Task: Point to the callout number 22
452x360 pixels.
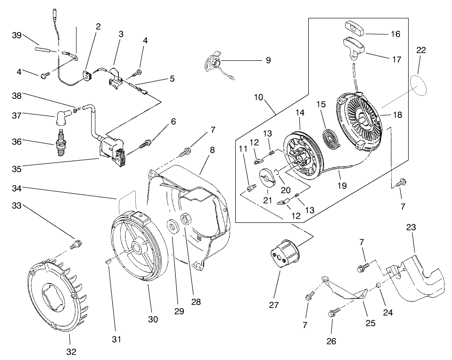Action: coord(421,50)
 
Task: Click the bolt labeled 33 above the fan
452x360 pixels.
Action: coord(76,245)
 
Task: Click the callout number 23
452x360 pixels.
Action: coord(411,227)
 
